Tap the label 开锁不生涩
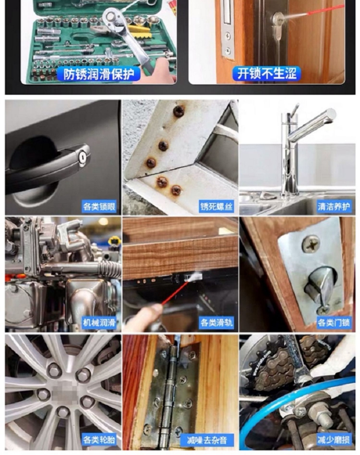(x=267, y=74)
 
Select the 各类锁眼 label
(x=99, y=207)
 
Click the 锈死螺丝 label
(x=216, y=207)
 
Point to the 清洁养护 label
(x=334, y=206)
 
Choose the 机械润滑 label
(x=99, y=322)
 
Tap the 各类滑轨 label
(x=216, y=322)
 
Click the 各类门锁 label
(x=334, y=322)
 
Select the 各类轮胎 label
(x=99, y=440)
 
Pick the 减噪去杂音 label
(x=207, y=440)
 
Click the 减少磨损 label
(x=334, y=440)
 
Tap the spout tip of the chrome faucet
(x=331, y=114)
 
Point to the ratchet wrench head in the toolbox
(x=112, y=18)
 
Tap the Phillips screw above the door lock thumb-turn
(x=312, y=244)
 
